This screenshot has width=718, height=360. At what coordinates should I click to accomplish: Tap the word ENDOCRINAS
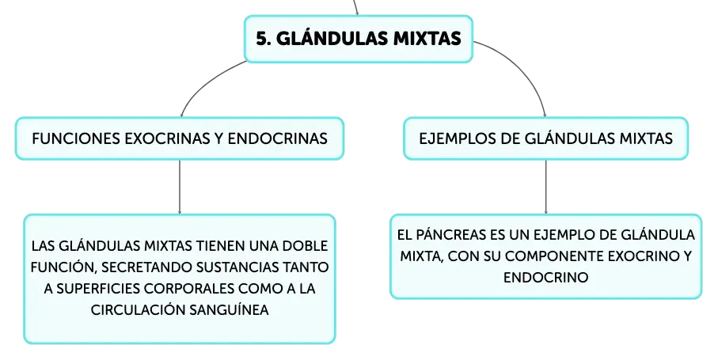coord(278,138)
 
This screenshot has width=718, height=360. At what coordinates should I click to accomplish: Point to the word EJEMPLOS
coord(458,138)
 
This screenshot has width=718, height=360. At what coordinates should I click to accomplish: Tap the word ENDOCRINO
coord(546,278)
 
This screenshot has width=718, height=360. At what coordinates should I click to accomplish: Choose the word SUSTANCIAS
coord(238,267)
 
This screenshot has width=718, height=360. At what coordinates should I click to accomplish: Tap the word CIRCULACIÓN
coord(138,310)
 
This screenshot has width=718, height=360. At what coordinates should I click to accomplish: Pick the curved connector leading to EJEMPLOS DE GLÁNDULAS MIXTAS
coord(522,69)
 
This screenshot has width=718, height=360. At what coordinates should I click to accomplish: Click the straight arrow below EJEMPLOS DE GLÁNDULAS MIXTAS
coord(546,187)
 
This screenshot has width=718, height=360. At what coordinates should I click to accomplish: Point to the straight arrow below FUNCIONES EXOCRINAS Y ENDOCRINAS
coord(180,187)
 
